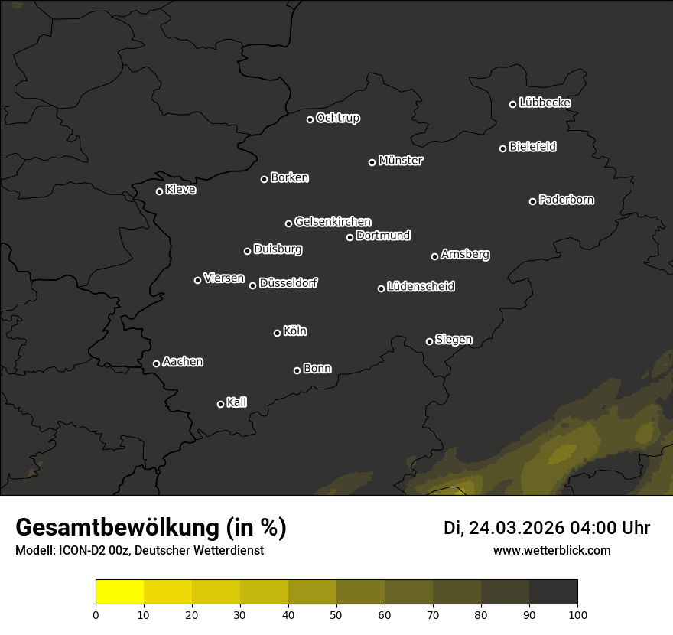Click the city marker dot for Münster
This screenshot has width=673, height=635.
pyautogui.click(x=372, y=162)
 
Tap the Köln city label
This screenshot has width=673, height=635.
pyautogui.click(x=295, y=331)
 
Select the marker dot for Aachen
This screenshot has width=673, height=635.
pyautogui.click(x=157, y=363)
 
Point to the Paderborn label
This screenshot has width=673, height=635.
pyautogui.click(x=567, y=200)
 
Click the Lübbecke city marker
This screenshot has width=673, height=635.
pyautogui.click(x=513, y=104)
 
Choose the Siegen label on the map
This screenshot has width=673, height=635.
pyautogui.click(x=454, y=340)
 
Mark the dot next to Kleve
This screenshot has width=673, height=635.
pyautogui.click(x=160, y=191)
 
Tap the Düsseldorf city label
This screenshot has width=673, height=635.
pyautogui.click(x=288, y=283)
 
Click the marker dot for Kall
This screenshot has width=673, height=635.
pyautogui.click(x=221, y=404)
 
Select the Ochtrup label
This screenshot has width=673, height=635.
pyautogui.click(x=338, y=118)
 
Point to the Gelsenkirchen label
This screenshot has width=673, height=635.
pyautogui.click(x=333, y=222)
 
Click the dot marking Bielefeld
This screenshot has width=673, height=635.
pyautogui.click(x=503, y=148)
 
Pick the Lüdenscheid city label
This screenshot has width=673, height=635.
pyautogui.click(x=421, y=287)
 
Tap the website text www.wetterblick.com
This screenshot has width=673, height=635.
pyautogui.click(x=552, y=550)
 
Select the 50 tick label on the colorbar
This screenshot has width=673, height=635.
pyautogui.click(x=336, y=614)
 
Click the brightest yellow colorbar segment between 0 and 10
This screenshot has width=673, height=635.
pyautogui.click(x=120, y=592)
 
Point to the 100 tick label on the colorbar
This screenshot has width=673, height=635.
pyautogui.click(x=577, y=614)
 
